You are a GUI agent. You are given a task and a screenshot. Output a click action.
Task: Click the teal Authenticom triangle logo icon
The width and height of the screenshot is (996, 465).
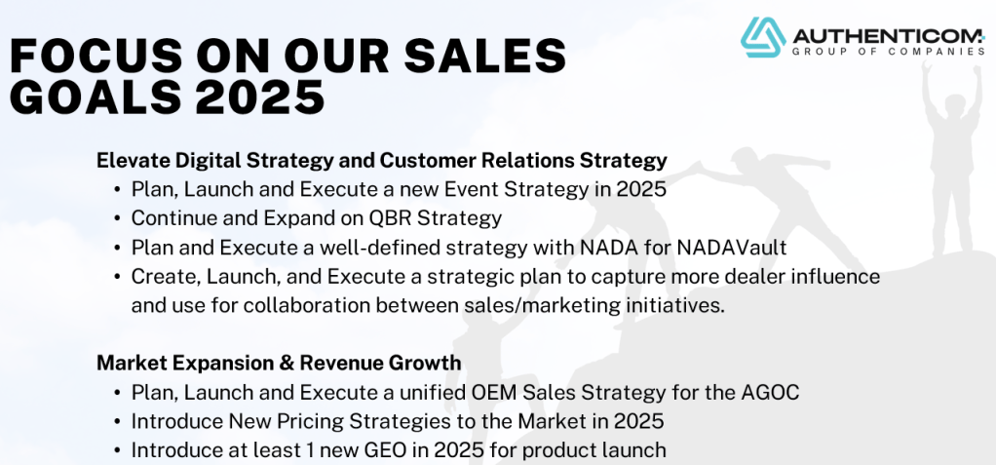tap(763, 37)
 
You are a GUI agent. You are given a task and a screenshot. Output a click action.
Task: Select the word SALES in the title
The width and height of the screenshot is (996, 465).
tap(484, 56)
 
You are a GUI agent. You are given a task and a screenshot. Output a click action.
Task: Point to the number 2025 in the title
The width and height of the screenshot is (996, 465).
tap(260, 97)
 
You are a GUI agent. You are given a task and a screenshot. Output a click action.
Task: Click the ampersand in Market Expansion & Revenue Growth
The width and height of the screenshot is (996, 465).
tap(286, 363)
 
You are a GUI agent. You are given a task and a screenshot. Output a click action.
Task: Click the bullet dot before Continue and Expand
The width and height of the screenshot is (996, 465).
tap(118, 218)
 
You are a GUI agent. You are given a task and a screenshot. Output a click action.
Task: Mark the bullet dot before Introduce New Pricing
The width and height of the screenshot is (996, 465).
tap(118, 422)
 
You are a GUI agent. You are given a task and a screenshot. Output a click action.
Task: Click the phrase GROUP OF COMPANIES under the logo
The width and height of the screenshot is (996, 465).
tap(889, 51)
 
